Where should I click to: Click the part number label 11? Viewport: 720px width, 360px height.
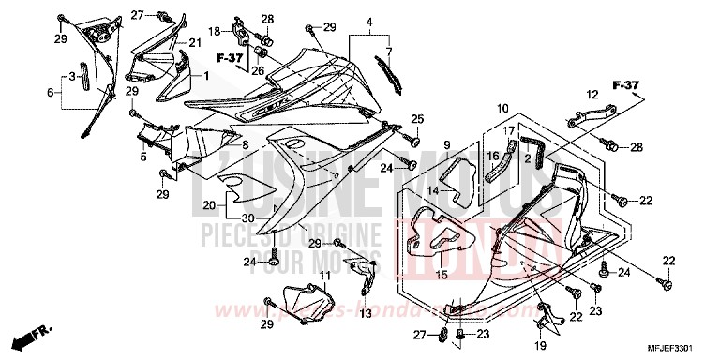(324, 276)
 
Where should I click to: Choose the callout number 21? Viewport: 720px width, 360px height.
(195, 43)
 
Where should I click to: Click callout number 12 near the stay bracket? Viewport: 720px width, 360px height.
(592, 94)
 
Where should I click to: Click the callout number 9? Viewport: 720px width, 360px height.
(447, 144)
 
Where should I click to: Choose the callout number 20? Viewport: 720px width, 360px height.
(208, 204)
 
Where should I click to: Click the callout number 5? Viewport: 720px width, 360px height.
(144, 157)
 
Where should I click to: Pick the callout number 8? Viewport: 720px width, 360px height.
(245, 145)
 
